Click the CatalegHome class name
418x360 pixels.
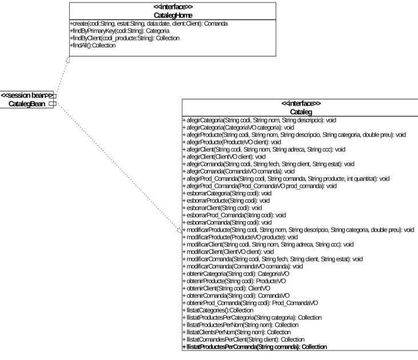(173, 15)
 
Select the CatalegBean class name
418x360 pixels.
(27, 104)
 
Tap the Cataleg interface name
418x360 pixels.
(301, 112)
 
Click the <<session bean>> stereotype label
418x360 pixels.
(27, 95)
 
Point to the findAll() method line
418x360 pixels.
(93, 45)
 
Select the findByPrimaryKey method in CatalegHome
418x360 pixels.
(120, 31)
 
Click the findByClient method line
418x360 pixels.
(125, 38)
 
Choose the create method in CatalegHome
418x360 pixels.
(149, 24)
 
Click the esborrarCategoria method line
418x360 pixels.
(227, 193)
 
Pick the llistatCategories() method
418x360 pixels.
(218, 310)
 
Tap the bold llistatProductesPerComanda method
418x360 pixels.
(255, 347)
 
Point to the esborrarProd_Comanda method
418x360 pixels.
(234, 215)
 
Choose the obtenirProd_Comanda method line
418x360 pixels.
(250, 303)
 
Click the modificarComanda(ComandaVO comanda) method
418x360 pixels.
(243, 266)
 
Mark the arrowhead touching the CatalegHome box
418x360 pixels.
(67, 59)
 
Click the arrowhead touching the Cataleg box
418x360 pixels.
(180, 230)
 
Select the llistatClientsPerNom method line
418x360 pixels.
(237, 332)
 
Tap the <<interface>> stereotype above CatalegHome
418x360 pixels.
(173, 7)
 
